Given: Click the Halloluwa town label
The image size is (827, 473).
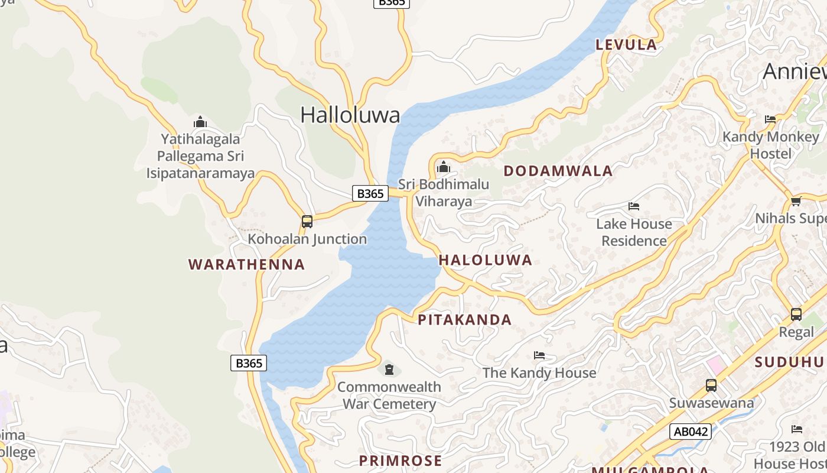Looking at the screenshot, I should pos(350,115).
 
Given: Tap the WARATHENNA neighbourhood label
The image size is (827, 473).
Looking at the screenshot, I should pos(246,264).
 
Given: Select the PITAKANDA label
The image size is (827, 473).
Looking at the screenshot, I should pos(464,320).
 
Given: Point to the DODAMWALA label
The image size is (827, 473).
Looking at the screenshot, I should pos(558,171).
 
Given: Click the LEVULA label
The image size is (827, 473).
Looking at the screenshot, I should pos(626,44).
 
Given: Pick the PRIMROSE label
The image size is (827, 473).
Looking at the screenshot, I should pos(401,461).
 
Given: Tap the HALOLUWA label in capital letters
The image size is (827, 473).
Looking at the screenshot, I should pos(485,260).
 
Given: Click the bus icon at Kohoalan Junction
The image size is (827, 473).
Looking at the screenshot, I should pos(307,222).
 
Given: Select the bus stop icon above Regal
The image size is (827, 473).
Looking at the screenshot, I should pos(796,314).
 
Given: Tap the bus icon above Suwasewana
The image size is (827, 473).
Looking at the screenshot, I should pos(711,385).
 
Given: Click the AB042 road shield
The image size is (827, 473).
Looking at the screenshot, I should pos(690,432).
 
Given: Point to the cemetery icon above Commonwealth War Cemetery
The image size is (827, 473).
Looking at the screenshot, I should pos(389,370).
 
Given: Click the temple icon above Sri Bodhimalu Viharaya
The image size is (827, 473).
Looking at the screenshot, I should pos(443,167).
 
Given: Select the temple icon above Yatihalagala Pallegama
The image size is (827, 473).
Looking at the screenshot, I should pos(200,122).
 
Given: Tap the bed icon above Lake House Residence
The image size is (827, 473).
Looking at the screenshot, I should pos(634,206).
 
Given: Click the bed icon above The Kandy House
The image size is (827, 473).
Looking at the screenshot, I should pos(539,355).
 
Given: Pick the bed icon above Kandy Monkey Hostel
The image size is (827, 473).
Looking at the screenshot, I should pos(770,119).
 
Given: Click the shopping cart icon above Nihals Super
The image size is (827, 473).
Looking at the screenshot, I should pos(796,202).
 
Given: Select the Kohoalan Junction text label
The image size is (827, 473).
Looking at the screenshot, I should pos(307,239).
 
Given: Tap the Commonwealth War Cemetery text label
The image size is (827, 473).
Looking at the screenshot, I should pos(389,396).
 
